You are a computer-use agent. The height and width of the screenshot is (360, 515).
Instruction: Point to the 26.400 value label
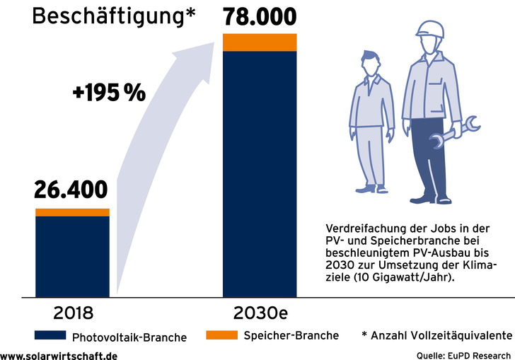pos(71,190)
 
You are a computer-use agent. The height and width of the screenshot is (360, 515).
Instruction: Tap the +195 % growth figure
pos(109,92)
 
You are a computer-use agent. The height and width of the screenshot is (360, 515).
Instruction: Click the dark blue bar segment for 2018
pos(72,256)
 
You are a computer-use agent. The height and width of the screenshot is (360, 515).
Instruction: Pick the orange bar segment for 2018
pos(72,212)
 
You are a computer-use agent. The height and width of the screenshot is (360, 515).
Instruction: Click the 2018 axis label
pos(72,311)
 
